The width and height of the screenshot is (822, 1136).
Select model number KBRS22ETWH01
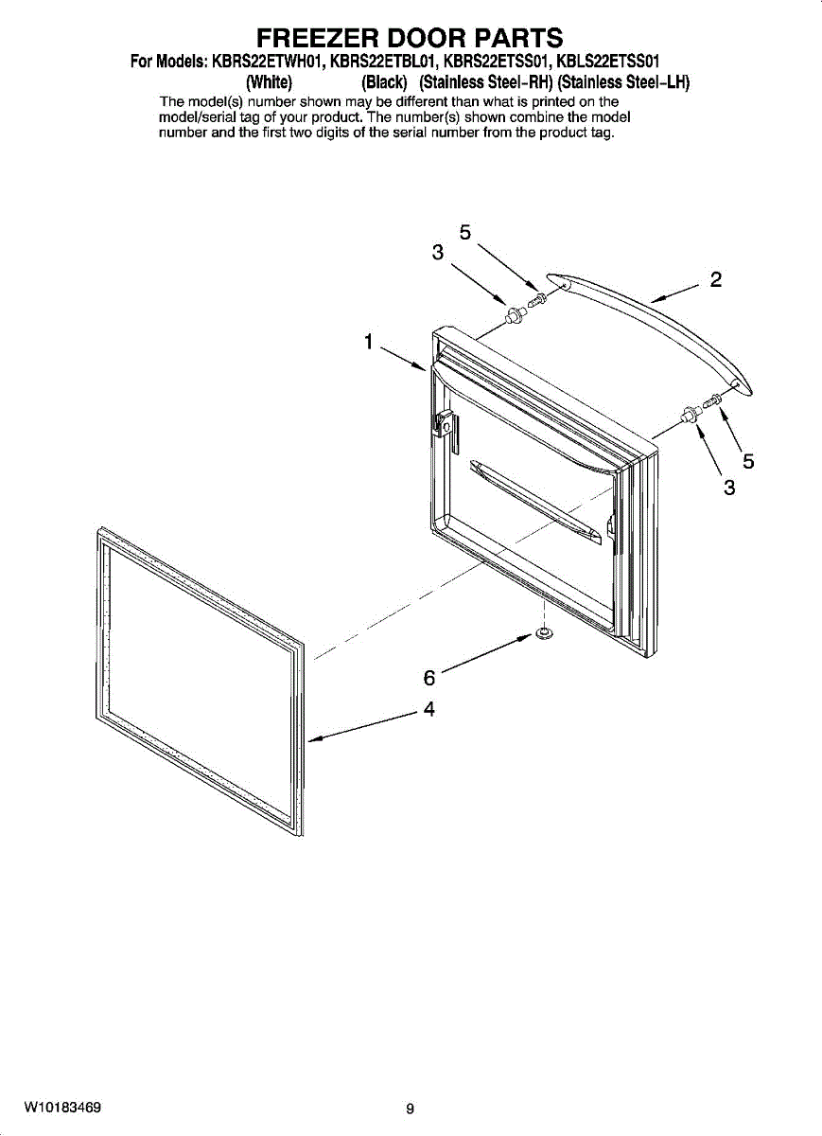pos(267,62)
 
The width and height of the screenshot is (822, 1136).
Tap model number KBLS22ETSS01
pos(608,62)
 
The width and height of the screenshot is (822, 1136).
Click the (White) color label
pos(269,82)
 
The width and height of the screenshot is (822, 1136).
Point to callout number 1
pos(368,342)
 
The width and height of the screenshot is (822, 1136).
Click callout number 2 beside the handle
pos(715,279)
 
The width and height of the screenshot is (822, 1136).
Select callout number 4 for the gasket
pos(429,709)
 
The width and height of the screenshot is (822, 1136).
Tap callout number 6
pos(428,678)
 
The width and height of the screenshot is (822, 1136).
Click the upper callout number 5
pos(464,232)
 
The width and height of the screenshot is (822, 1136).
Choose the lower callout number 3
pos(729,488)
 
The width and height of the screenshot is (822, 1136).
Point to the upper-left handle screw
pos(536,299)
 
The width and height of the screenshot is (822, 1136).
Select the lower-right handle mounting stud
pos(689,415)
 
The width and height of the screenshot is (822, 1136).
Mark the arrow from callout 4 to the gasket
pos(364,727)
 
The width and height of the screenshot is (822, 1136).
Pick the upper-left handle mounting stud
pos(514,316)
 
